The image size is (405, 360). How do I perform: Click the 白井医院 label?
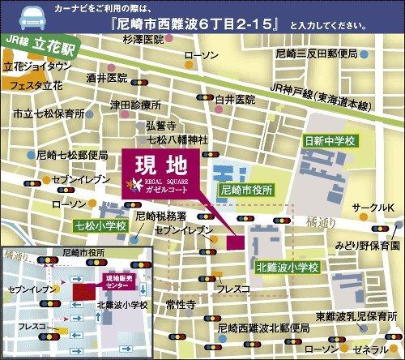point(235,99)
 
